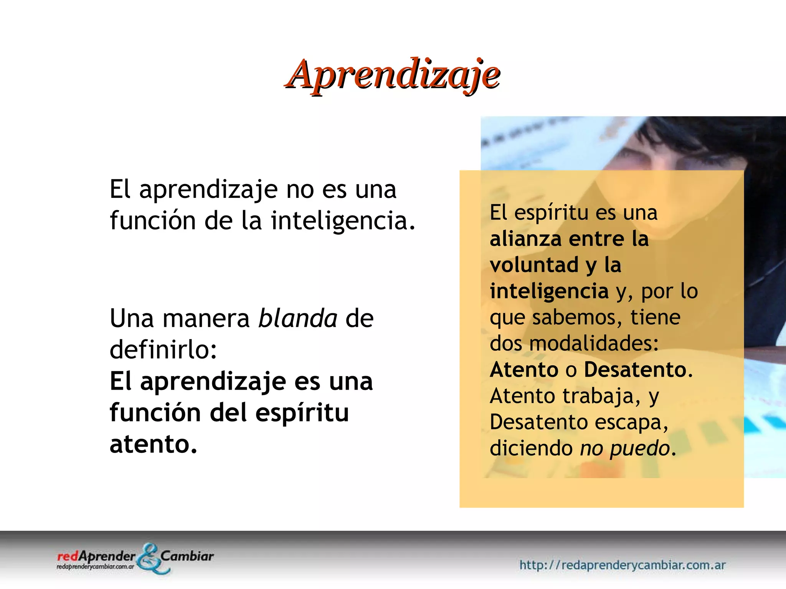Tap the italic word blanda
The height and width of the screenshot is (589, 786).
point(298,318)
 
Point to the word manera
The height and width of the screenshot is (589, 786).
point(206,319)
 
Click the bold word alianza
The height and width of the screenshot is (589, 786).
point(525,239)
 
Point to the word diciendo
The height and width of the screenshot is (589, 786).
point(531,448)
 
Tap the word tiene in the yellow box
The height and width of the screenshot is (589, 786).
point(655,318)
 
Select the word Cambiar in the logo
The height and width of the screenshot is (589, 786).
point(187,556)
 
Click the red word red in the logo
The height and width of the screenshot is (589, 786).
point(68,556)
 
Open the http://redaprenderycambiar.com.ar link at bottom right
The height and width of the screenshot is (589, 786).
point(622,565)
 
